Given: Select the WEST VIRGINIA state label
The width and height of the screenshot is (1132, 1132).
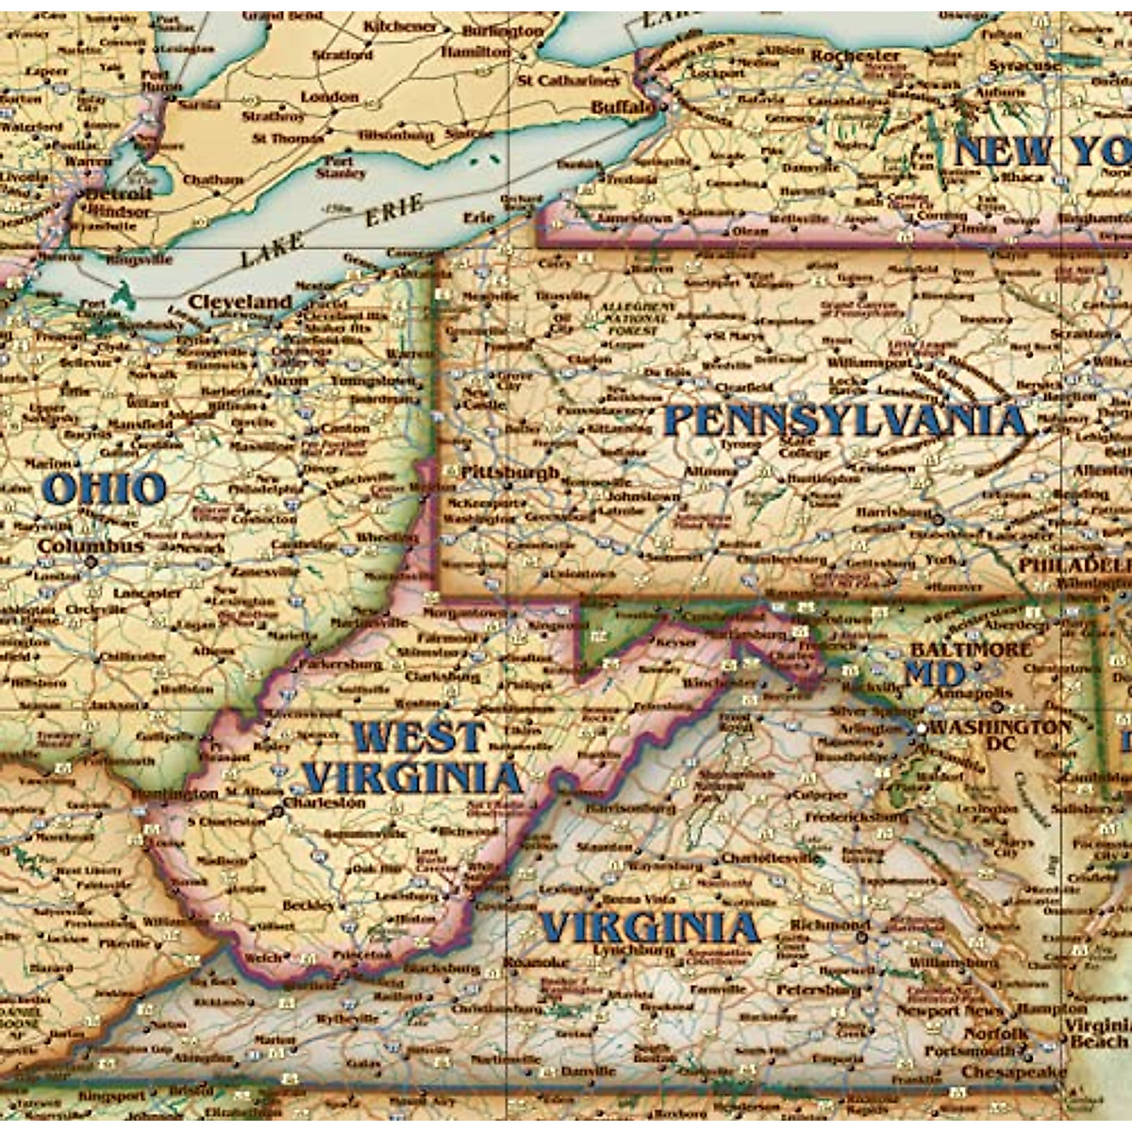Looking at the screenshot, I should [412, 757].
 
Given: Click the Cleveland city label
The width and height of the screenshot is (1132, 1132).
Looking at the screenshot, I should [241, 302].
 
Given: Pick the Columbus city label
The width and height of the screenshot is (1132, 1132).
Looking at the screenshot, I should [91, 546].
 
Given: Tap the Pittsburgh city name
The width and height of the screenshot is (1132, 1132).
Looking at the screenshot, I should [510, 472].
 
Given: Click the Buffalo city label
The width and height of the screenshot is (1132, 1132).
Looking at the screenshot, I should [622, 108].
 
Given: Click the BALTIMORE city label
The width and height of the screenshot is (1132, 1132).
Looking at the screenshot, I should [971, 650].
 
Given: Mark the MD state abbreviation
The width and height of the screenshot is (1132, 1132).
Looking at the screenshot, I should [934, 674].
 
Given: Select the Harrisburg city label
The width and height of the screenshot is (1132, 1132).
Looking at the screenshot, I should [894, 510].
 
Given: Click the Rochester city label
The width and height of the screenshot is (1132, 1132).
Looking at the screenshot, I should [856, 56].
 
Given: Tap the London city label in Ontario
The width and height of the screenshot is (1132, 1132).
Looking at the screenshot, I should [329, 96].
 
